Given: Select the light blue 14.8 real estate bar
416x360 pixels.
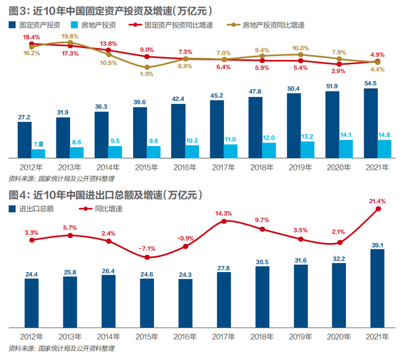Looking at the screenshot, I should tap(385, 149).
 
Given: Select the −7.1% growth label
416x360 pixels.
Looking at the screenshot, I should tap(147, 248).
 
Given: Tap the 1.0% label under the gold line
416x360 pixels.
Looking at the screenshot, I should tap(147, 74).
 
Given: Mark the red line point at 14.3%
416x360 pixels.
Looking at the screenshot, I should tap(224, 221).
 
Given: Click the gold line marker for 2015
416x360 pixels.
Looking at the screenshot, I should tap(147, 67).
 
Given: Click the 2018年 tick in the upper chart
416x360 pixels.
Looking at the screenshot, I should tap(261, 168).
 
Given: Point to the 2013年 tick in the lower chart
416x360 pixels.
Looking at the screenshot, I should tap(71, 337).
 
